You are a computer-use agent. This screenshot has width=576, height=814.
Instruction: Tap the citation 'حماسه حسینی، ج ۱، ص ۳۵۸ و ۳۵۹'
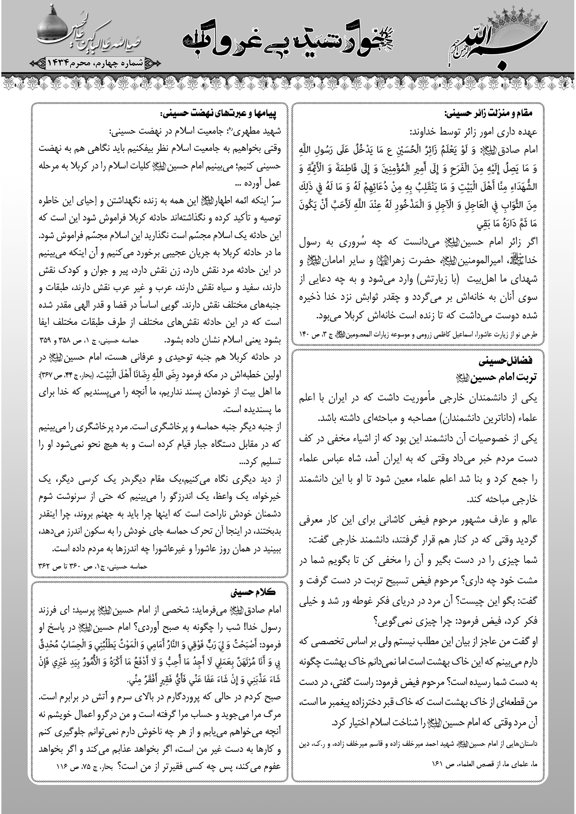pos(85,340)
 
